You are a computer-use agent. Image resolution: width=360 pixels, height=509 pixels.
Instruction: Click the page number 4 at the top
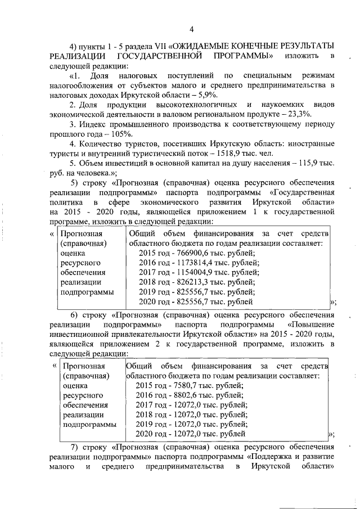tap(192, 30)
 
